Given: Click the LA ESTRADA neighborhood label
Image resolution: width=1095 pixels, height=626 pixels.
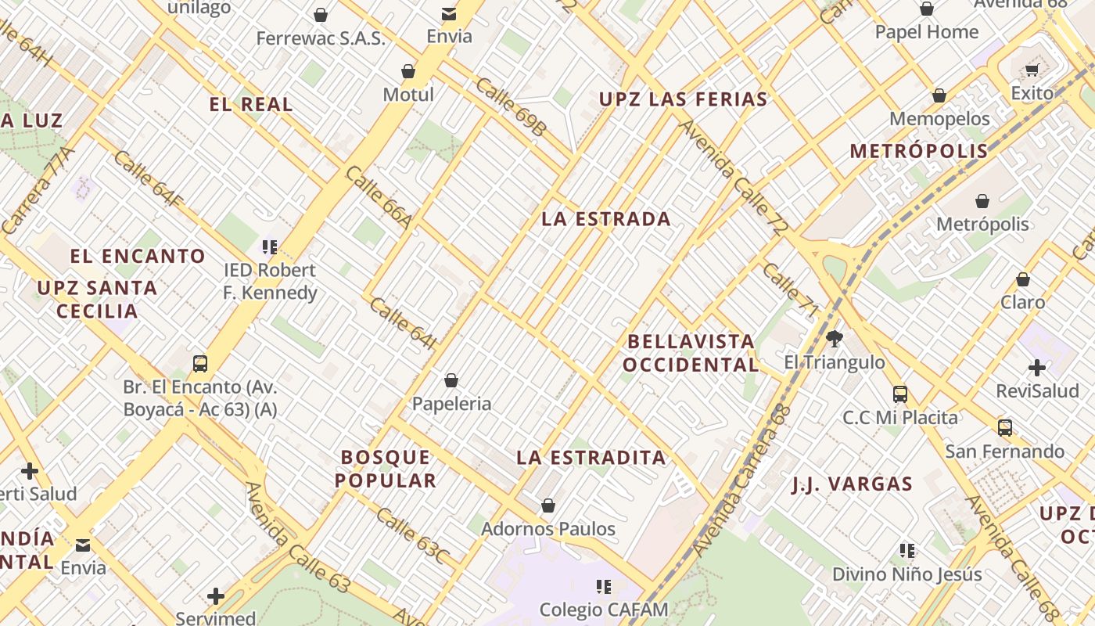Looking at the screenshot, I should click(606, 219).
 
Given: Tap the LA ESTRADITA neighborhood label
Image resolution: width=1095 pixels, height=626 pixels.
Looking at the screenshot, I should click(591, 458).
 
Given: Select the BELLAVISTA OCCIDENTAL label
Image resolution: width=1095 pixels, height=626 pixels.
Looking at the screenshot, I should click(691, 353).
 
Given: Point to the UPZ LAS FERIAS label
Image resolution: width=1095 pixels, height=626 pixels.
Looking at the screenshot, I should click(683, 99).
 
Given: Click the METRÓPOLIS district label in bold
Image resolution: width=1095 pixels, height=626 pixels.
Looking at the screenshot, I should click(919, 151).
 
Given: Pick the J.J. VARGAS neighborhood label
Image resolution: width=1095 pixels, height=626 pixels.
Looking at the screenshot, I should click(852, 484).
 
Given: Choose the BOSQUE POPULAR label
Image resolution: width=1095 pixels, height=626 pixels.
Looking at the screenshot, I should click(386, 469).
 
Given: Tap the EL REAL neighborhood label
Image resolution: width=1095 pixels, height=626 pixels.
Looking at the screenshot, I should click(251, 104).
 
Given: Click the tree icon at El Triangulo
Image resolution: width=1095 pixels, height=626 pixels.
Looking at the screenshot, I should click(835, 339).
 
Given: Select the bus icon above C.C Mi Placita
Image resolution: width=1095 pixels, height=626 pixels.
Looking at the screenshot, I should click(900, 394).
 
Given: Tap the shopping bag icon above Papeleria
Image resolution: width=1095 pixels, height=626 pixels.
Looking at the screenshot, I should click(451, 381).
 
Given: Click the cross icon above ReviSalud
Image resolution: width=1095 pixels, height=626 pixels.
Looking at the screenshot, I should click(1037, 367).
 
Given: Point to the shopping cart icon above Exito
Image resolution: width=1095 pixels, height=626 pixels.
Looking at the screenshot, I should click(1032, 70).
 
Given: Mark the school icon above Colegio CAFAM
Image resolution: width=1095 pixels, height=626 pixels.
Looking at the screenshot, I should click(603, 586).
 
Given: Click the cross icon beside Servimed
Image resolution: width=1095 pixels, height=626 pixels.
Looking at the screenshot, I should click(216, 596).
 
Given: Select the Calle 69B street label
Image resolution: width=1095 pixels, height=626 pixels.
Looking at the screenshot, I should click(509, 106).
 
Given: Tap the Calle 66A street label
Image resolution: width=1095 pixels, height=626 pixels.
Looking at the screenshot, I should click(379, 198).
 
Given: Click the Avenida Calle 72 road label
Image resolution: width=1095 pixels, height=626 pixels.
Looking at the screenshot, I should click(733, 178).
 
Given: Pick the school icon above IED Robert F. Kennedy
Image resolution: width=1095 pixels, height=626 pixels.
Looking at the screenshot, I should click(270, 248).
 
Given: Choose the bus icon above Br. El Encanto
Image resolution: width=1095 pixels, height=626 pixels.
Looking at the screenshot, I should click(200, 363).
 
